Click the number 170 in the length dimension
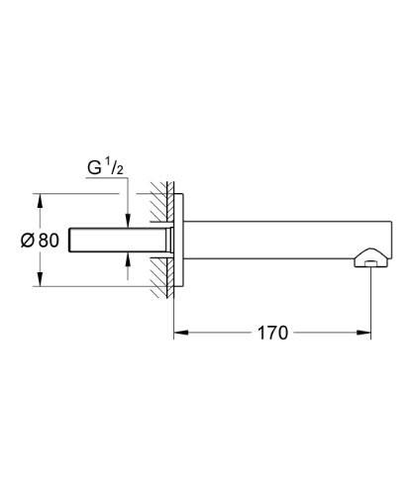[x=273, y=334]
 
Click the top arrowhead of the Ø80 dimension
[x=40, y=197]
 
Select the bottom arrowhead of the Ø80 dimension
[x=40, y=281]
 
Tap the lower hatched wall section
[x=158, y=277]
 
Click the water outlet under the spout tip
[x=369, y=262]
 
